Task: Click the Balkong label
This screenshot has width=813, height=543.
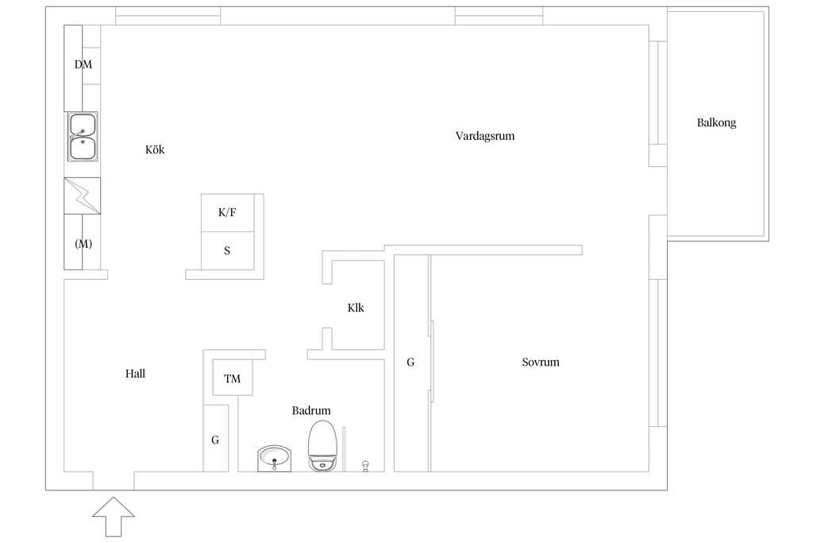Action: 716,123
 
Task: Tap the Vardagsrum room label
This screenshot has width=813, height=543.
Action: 484,136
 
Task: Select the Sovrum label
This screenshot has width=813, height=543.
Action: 540,363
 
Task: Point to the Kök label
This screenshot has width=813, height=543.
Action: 155,149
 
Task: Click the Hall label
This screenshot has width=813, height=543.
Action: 135,374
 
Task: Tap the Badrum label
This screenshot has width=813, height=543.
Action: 311,411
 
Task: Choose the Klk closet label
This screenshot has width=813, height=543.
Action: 356,308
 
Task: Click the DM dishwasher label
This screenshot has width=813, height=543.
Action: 83,65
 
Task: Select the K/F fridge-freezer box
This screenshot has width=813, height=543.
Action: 227,213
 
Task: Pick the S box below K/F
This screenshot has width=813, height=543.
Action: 227,250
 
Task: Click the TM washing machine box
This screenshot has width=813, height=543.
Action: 233,378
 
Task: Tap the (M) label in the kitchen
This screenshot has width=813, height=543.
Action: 83,244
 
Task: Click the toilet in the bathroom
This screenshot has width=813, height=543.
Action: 322,447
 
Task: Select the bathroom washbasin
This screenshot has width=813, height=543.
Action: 275,459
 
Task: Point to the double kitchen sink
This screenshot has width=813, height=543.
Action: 83,137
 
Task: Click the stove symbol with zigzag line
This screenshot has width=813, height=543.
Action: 83,196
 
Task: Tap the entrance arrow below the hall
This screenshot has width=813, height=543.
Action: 114,517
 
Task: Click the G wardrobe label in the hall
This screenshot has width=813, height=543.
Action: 215,440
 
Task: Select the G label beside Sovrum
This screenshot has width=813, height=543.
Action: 410,363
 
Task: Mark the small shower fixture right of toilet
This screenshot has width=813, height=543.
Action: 365,463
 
